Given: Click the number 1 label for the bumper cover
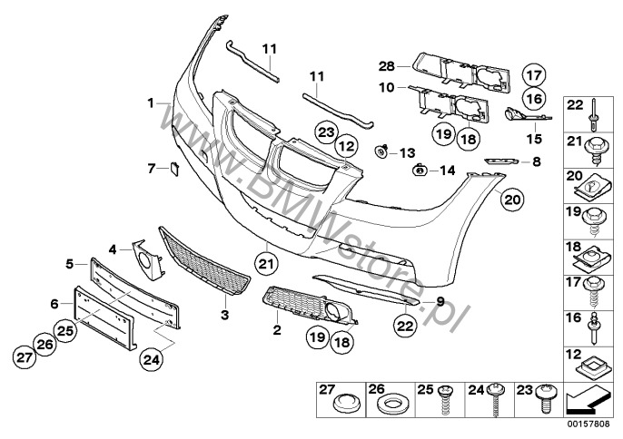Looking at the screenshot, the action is click(151, 103).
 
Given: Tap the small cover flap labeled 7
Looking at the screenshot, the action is click(174, 169).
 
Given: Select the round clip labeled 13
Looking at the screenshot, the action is click(381, 151).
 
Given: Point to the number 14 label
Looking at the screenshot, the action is click(447, 171).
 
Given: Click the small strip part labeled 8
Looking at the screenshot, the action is click(501, 161).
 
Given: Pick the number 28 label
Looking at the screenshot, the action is click(386, 66).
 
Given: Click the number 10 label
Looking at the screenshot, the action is click(386, 87).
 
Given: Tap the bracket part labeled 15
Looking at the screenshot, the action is click(528, 114).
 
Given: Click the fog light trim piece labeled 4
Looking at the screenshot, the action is click(147, 260).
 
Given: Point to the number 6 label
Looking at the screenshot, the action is click(54, 304).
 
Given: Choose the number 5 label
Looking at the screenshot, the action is click(70, 264).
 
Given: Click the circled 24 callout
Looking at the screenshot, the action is click(152, 359).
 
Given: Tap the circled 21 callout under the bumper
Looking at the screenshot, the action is click(266, 264).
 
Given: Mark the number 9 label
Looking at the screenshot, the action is click(440, 302).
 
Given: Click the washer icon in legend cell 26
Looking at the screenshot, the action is click(391, 405).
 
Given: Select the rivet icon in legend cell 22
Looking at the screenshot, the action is click(593, 115).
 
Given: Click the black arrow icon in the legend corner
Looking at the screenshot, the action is click(586, 400).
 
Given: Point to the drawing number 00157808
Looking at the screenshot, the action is click(588, 424).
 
